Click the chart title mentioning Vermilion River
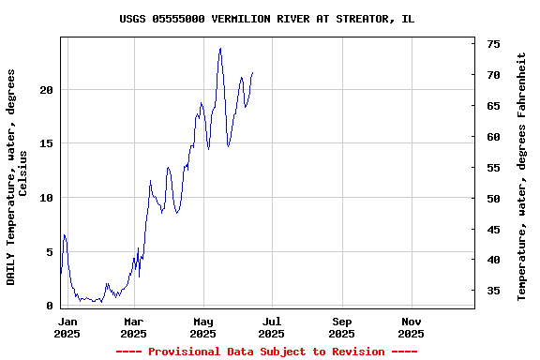267,19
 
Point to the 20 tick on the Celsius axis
48,90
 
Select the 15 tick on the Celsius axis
48,143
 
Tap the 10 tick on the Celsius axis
48,198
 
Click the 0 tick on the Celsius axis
51,306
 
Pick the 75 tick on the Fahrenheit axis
493,44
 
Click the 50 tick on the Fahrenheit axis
493,199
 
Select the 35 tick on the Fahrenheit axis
493,292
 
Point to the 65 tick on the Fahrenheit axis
493,106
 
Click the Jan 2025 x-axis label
67,327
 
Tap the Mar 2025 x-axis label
134,327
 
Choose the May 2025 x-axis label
203,327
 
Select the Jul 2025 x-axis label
272,327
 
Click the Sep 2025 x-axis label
342,327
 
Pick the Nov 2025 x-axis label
411,327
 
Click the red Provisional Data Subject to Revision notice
266,352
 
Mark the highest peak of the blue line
220,49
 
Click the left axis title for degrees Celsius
17,176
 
